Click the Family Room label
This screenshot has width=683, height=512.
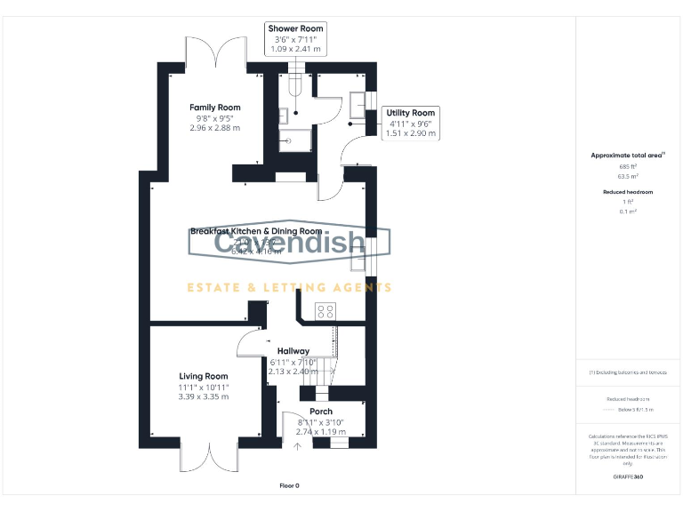tap(214, 108)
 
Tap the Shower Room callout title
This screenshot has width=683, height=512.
tap(296, 28)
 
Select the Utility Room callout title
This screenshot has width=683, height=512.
tap(410, 113)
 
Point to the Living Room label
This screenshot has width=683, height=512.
tap(204, 376)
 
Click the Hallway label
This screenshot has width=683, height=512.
tap(293, 351)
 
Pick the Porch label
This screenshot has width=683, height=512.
tap(321, 412)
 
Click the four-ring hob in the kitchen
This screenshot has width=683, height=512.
tap(325, 310)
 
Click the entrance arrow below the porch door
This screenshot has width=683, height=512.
tap(297, 446)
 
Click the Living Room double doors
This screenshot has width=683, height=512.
tap(210, 456)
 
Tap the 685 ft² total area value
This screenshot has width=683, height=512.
tap(628, 166)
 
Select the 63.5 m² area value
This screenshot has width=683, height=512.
tap(628, 176)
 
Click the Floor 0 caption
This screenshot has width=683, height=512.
tap(289, 486)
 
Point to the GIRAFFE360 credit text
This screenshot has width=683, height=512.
tap(628, 478)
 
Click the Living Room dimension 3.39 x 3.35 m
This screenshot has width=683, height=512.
tap(204, 396)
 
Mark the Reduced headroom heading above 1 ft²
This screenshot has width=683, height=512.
tap(628, 192)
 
